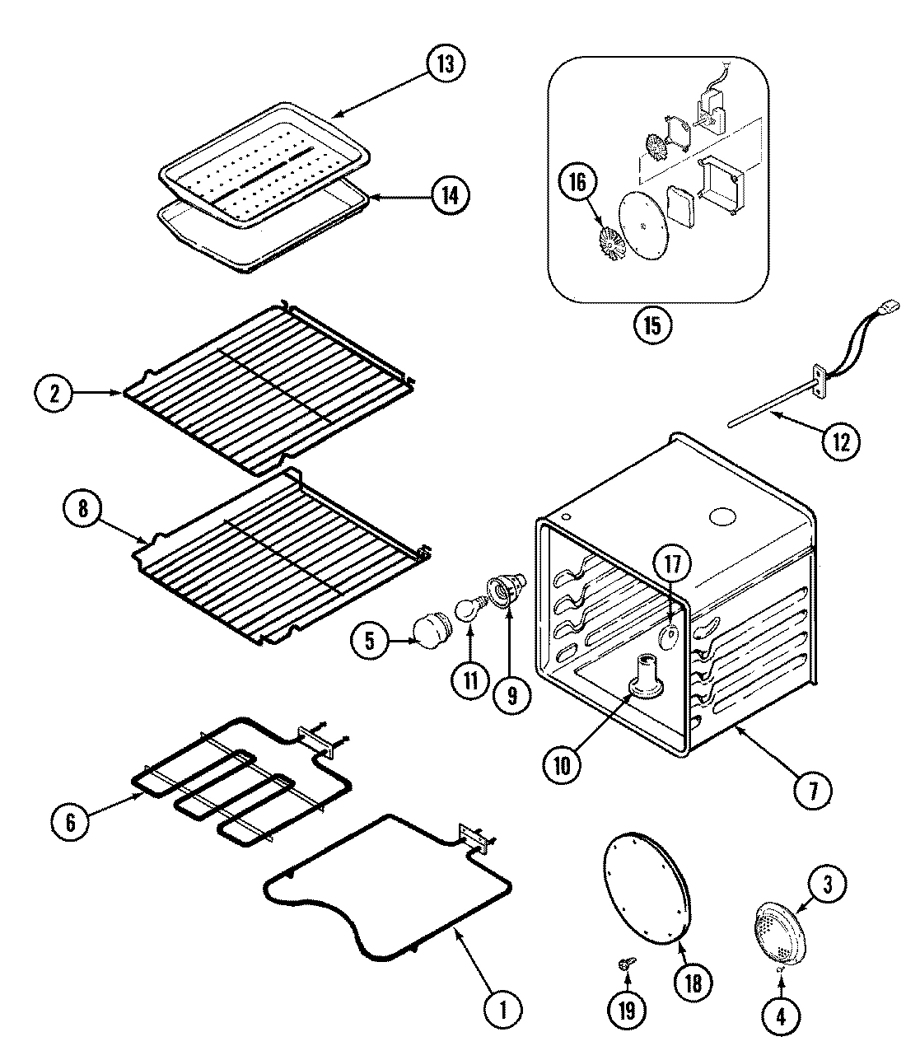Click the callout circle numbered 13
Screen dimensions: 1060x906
click(445, 63)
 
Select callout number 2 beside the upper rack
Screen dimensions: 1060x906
click(54, 394)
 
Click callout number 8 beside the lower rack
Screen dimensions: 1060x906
click(83, 508)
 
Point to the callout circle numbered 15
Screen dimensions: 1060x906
click(651, 324)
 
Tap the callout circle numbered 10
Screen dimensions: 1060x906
click(562, 765)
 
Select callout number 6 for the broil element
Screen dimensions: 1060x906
click(70, 823)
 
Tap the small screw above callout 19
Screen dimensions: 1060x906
click(625, 962)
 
